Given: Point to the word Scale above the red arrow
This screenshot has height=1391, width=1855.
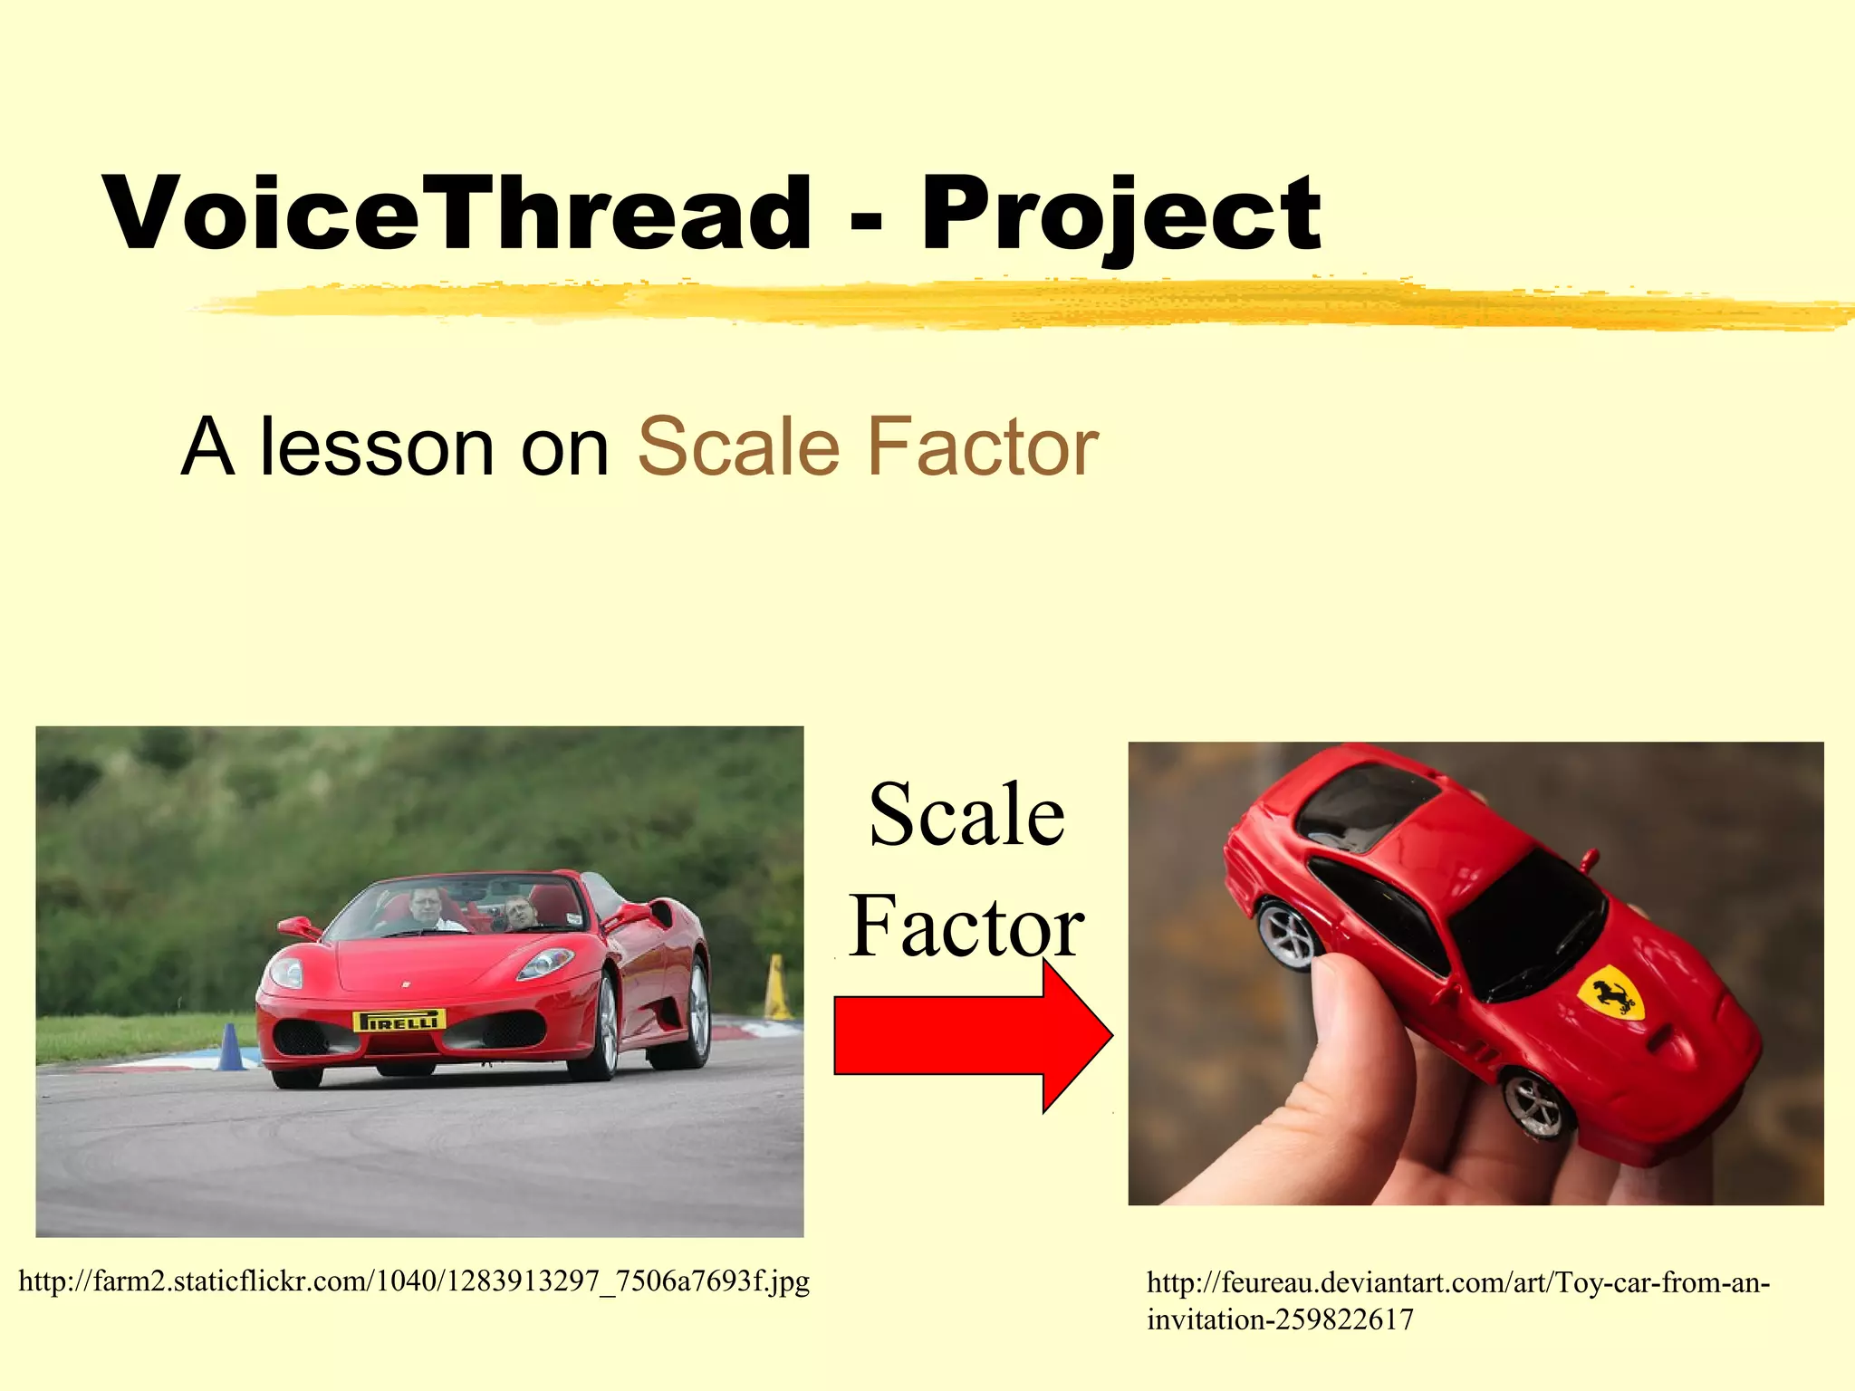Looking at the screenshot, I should click(966, 814).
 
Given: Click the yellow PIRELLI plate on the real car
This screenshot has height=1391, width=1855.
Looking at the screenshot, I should click(399, 1021).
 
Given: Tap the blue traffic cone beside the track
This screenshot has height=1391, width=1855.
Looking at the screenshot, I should click(230, 1048).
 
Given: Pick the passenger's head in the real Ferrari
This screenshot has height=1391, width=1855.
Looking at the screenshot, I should click(518, 911).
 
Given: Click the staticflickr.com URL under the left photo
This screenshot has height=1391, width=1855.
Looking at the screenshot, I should click(414, 1281).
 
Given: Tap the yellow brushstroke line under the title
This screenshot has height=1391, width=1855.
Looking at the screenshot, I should click(1024, 303).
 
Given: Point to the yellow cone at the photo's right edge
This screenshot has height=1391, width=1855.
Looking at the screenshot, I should click(777, 989).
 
